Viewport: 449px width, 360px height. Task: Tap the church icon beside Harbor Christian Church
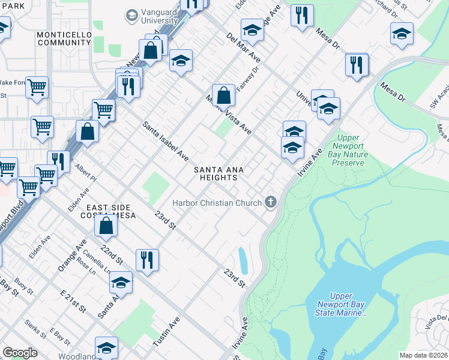271,202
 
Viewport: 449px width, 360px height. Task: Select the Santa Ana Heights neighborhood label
218,173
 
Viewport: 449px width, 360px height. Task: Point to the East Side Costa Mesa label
110,211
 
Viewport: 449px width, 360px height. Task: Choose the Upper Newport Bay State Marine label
341,304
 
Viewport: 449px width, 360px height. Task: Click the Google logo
20,353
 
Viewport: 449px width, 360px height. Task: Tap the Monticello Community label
64,38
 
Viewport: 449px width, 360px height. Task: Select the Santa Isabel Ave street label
166,141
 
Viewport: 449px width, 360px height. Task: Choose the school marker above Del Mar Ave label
253,31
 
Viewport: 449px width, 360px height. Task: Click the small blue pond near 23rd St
243,260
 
